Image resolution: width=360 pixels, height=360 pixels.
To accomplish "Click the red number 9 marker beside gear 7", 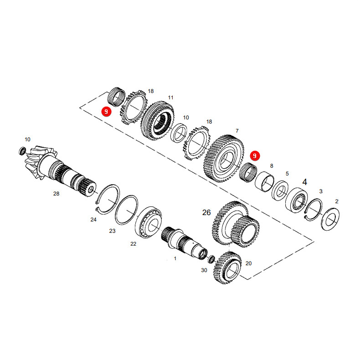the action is (x=255, y=156).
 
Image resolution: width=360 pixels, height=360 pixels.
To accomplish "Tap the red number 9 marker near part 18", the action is (x=106, y=112).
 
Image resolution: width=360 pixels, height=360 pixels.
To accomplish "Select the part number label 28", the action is (x=56, y=194).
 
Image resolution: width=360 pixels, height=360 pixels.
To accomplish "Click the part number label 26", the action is (x=206, y=213).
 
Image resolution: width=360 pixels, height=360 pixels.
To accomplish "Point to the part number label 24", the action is (x=93, y=220).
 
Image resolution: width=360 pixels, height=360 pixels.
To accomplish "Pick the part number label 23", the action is (x=112, y=231).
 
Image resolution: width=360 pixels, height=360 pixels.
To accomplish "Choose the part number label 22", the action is (x=134, y=244).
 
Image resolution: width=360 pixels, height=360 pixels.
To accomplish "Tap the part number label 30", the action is (x=204, y=270).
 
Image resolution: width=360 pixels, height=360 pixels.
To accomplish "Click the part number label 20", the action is (x=249, y=263).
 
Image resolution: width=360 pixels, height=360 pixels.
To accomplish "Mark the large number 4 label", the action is (x=305, y=182).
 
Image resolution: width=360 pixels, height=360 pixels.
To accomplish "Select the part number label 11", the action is (x=170, y=98).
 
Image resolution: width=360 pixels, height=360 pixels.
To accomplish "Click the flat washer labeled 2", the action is (x=331, y=219).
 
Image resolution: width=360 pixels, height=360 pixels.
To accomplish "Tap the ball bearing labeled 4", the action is (x=297, y=200).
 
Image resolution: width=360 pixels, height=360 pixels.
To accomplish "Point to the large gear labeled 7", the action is (x=224, y=159).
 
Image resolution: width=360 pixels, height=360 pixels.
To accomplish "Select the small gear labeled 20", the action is (x=227, y=268).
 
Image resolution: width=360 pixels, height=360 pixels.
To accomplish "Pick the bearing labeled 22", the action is (x=149, y=222).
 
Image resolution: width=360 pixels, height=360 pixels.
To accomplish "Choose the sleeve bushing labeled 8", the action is (x=264, y=181).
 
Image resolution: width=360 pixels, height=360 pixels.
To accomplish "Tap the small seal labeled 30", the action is (x=211, y=259).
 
